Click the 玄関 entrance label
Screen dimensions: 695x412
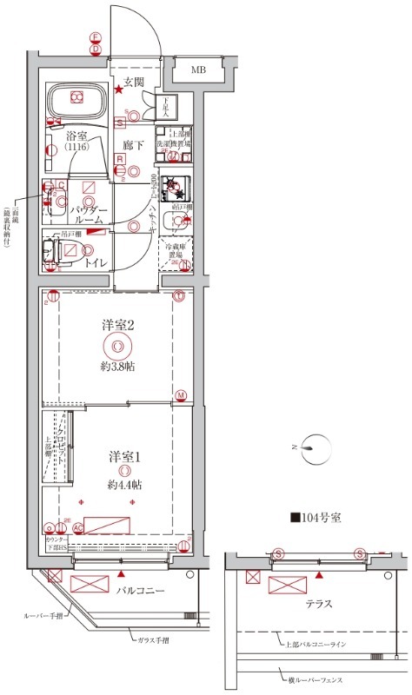(x=132, y=82)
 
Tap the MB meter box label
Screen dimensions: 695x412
(x=199, y=69)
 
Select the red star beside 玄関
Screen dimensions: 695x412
(x=118, y=89)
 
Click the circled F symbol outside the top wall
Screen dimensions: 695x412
(x=96, y=37)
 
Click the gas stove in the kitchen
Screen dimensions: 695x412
(x=180, y=189)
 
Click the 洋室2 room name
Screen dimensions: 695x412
(x=118, y=325)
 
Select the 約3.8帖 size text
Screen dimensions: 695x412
(x=118, y=366)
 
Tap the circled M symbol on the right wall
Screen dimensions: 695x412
(x=181, y=395)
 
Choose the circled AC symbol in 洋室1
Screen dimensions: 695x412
(x=77, y=527)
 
